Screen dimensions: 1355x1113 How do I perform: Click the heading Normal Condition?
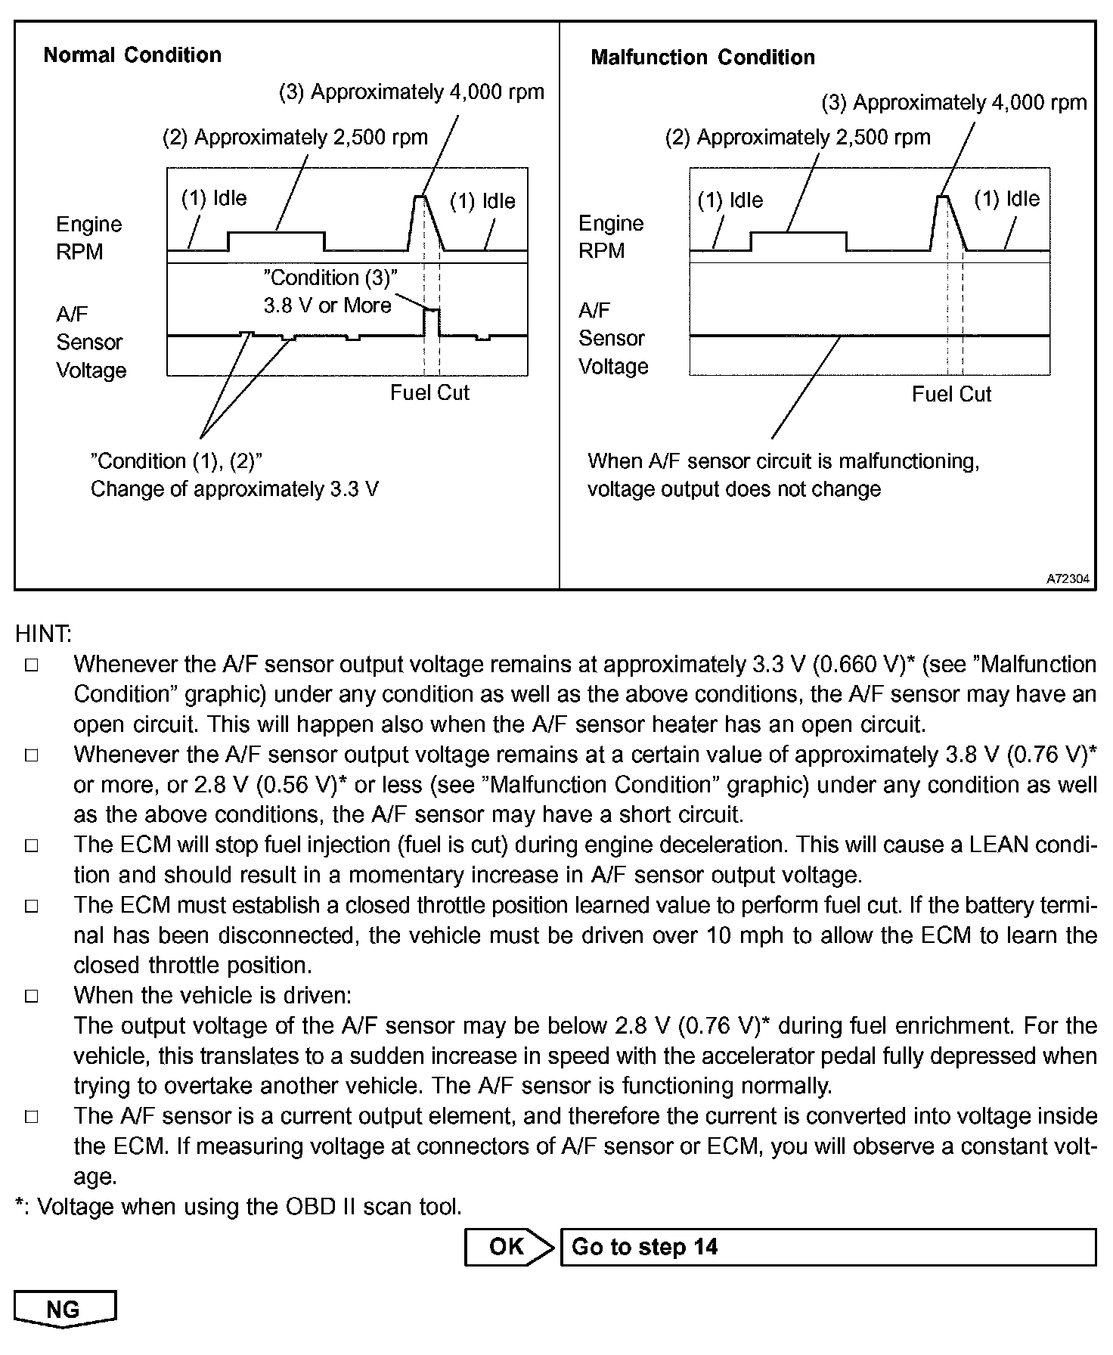coord(132,55)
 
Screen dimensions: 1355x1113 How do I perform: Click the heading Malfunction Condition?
coord(702,57)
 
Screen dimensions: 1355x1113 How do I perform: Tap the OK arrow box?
coord(507,1247)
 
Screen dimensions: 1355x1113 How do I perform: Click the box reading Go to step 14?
coord(828,1247)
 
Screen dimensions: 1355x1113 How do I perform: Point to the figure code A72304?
coord(1068,579)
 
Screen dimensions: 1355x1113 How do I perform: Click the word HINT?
coord(43,634)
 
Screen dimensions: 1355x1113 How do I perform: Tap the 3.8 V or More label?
coord(327,305)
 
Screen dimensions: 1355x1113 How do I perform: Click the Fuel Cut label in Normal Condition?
coord(429,393)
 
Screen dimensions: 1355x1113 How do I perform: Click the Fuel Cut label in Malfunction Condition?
coord(951,395)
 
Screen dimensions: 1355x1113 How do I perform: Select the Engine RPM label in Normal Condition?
coord(88,238)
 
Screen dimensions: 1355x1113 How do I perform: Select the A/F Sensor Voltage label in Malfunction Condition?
coord(613,339)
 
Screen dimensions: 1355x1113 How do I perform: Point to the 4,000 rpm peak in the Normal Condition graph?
coord(420,197)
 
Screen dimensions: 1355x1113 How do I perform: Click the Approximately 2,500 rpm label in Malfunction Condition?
coord(798,138)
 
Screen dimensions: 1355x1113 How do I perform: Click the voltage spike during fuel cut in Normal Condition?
coord(431,321)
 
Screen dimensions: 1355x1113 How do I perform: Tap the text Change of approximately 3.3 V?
coord(234,489)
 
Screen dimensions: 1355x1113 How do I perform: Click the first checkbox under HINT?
coord(32,665)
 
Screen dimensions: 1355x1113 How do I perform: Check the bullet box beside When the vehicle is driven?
coord(32,996)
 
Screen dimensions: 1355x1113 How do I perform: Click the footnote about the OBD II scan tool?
coord(238,1207)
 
